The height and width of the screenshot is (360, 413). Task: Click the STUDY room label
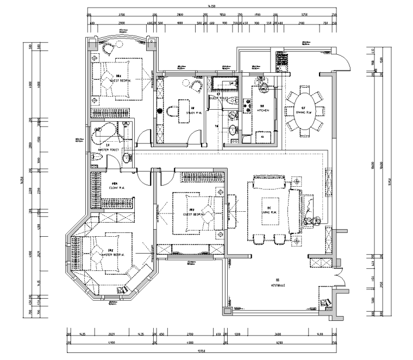[x=194, y=112]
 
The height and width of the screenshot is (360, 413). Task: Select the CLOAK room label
[x=115, y=187]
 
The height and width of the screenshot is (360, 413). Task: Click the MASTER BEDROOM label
[x=113, y=255]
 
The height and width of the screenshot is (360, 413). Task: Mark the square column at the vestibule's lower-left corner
[x=226, y=311]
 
